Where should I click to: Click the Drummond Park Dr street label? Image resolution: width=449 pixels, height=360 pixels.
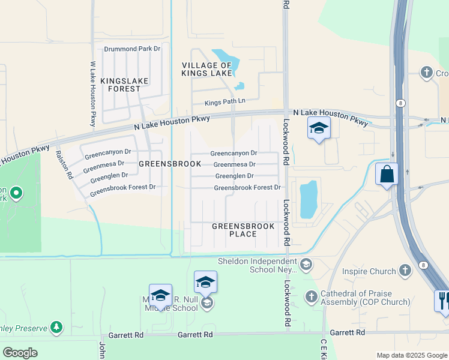[x=133, y=48]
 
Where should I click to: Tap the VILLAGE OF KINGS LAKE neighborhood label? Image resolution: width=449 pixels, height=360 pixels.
[x=207, y=69]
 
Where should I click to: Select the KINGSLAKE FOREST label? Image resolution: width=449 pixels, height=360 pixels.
[x=121, y=85]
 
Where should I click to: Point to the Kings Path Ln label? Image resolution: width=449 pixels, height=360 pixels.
[x=225, y=102]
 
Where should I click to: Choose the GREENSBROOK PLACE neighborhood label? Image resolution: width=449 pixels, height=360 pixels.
[x=243, y=230]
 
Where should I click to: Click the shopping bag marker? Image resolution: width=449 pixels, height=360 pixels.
[x=387, y=175]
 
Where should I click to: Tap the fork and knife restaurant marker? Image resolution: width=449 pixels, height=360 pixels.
[x=444, y=300]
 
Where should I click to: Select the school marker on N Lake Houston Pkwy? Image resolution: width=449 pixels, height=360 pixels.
[x=319, y=128]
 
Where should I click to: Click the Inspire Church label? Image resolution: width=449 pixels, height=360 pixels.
[x=369, y=271]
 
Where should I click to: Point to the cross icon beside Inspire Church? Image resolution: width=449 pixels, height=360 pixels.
[x=406, y=270]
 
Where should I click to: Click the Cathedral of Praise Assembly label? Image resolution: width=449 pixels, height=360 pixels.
[x=357, y=298]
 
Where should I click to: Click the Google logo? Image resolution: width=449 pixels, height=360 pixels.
[x=20, y=353]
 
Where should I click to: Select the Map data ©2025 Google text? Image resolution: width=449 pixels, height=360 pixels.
[x=411, y=355]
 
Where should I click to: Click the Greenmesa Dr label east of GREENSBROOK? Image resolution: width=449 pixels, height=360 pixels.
[x=234, y=164]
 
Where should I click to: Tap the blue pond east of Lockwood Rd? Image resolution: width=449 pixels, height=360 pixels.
[x=308, y=200]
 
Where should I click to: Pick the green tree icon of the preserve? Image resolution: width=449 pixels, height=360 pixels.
[x=56, y=327]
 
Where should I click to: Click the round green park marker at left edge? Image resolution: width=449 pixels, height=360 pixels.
[x=16, y=193]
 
